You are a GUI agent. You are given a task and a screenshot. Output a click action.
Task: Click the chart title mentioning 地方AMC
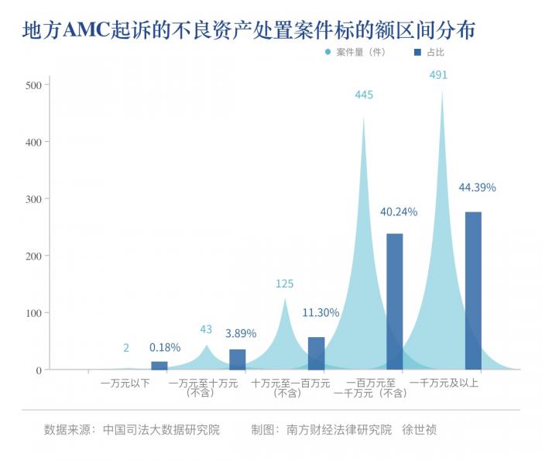[x=248, y=30]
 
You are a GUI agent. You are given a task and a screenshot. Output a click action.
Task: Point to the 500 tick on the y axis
[x=34, y=84]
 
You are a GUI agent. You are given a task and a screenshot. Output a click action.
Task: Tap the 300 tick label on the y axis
[x=34, y=198]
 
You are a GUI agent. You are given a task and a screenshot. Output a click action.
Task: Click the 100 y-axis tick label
[x=34, y=313]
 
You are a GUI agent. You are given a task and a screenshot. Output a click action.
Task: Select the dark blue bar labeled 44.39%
[x=473, y=291]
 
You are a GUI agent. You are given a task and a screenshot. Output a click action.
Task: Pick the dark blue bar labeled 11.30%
[x=316, y=353]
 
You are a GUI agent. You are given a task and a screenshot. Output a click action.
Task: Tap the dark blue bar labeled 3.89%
[x=238, y=360]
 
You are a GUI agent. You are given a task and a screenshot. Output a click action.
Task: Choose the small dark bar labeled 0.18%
[x=159, y=366]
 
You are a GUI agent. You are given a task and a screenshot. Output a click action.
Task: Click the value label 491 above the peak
[x=438, y=75]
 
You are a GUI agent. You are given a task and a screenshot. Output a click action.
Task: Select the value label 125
[x=285, y=284]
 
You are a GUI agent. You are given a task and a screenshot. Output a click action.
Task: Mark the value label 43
[x=206, y=329]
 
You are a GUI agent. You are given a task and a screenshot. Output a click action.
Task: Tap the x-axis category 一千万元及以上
[x=444, y=383]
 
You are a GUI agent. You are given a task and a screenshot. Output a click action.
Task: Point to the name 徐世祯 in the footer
[x=424, y=429]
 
